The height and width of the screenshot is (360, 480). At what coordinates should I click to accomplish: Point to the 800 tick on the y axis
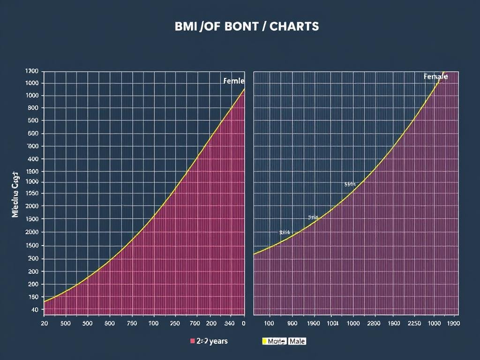click(x=32, y=108)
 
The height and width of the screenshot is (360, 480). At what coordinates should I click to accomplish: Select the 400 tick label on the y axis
click(x=32, y=159)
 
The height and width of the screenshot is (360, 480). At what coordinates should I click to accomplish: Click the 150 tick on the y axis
click(x=32, y=297)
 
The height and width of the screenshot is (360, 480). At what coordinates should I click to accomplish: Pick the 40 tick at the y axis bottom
click(x=34, y=310)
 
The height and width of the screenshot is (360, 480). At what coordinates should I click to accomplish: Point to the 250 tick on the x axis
click(x=174, y=323)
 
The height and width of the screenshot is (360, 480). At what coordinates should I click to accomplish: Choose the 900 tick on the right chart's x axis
click(x=291, y=323)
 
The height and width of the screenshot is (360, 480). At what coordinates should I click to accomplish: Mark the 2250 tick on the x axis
click(x=415, y=323)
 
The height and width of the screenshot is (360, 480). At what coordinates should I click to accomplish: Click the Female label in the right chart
click(x=435, y=76)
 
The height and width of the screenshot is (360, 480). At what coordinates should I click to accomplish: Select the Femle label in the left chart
click(x=233, y=81)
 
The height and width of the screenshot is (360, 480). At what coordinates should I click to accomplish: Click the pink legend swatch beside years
click(x=193, y=341)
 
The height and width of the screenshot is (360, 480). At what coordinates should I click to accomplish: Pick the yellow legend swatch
click(x=264, y=341)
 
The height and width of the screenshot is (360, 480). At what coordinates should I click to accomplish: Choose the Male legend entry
click(x=297, y=341)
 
